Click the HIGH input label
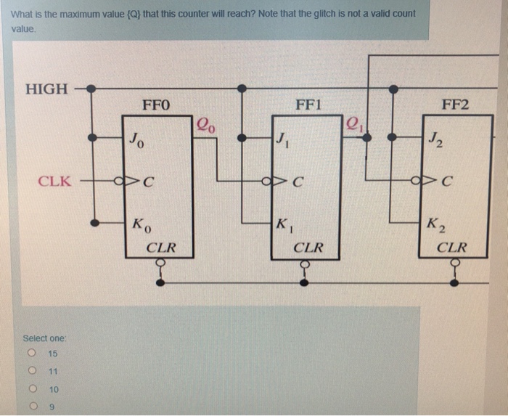46,89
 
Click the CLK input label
54,181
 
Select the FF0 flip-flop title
156,105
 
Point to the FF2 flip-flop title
455,105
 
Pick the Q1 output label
354,123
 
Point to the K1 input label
284,224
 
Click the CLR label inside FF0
160,248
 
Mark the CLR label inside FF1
308,248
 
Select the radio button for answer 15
32,354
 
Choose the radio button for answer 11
32,371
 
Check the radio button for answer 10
32,389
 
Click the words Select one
44,338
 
